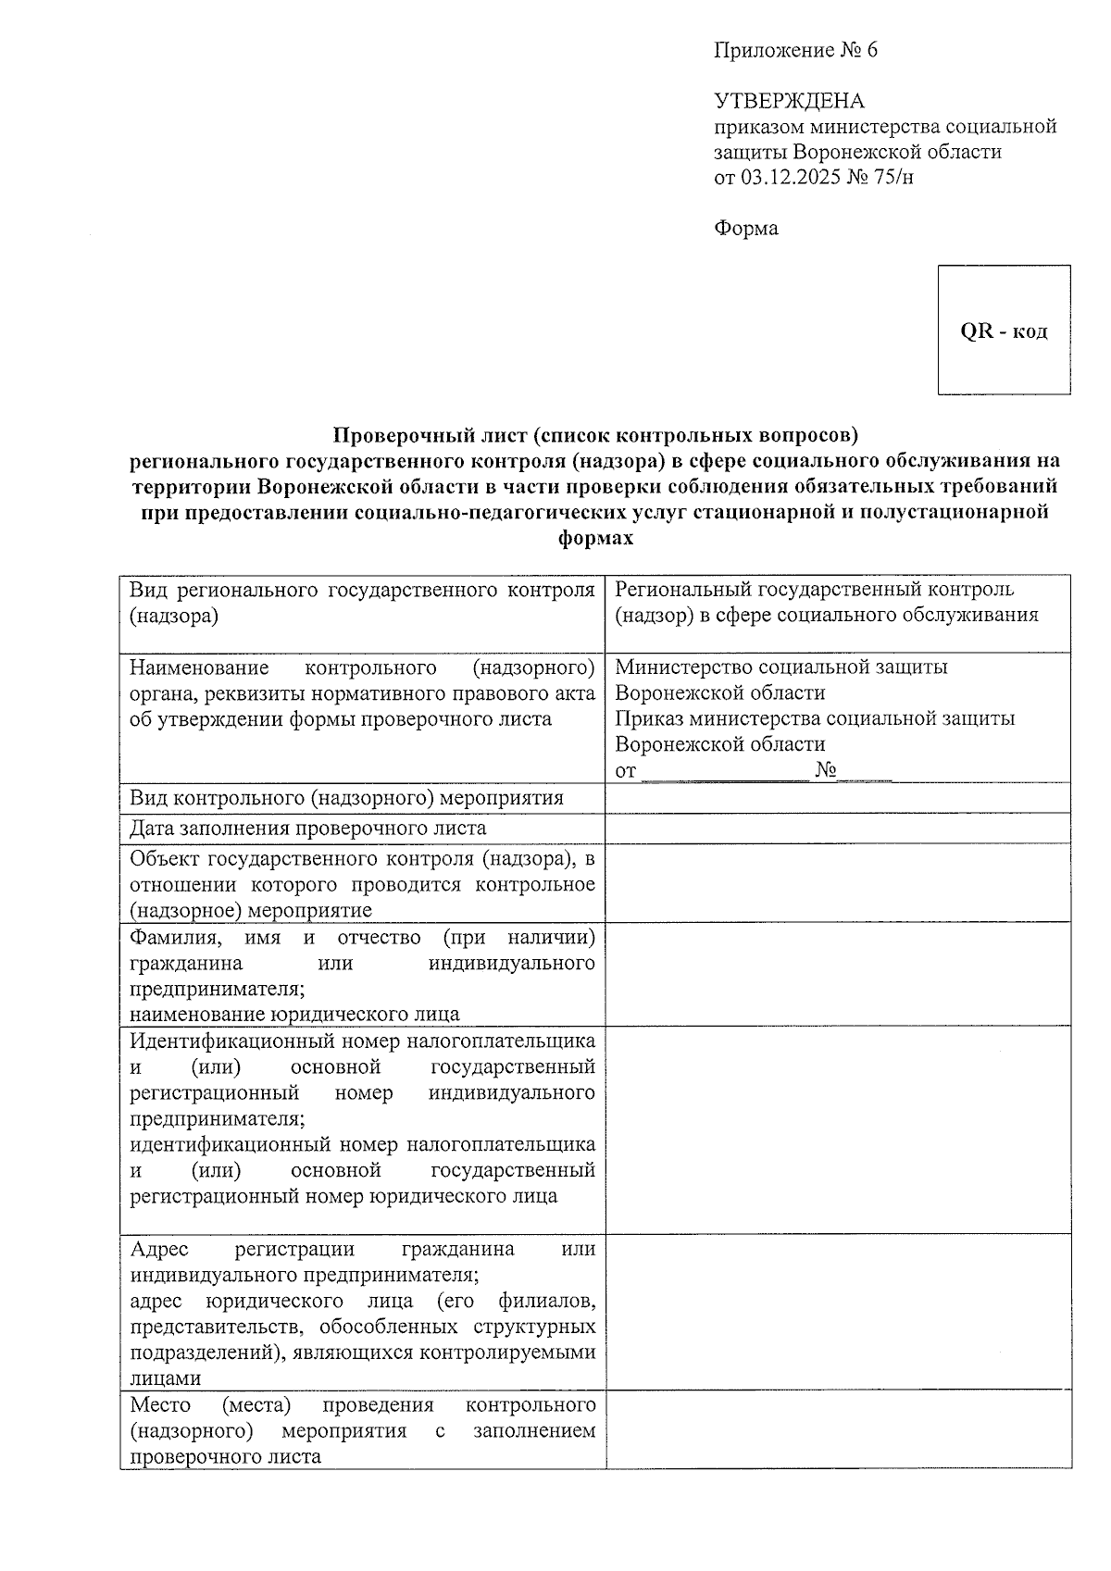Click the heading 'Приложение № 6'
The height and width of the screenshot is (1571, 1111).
[795, 51]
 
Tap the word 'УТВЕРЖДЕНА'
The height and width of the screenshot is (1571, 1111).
[789, 101]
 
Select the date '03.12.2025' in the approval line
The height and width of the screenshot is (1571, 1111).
[790, 177]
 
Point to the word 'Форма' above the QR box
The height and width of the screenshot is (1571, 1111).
[745, 228]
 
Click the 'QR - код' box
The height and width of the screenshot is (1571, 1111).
[1004, 330]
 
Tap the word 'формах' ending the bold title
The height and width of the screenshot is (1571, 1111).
[596, 538]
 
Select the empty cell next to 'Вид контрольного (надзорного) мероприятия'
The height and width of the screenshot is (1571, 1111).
[837, 798]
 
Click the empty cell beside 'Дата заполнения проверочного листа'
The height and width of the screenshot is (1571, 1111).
[837, 829]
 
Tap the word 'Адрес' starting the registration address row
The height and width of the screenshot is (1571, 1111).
[159, 1249]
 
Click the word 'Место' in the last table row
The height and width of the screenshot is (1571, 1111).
[160, 1404]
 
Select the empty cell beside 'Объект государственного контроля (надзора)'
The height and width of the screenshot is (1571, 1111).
[837, 882]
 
